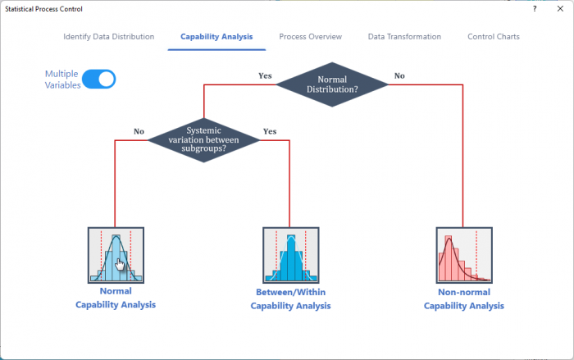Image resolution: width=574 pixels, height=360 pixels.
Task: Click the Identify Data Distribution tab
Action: point(108,37)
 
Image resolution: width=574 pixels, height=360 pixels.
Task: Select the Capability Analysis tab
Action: point(216,37)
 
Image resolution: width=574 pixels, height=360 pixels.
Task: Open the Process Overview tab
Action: point(310,37)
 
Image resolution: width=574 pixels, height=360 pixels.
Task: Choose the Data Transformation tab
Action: point(404,37)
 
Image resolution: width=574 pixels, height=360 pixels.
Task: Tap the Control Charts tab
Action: point(493,37)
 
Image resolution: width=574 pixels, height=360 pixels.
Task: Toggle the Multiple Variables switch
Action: point(98,79)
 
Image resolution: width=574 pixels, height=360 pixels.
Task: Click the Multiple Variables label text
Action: point(62,79)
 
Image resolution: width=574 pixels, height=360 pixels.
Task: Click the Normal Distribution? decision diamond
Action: point(332,84)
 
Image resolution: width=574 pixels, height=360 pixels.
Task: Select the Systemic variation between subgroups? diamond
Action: point(204,139)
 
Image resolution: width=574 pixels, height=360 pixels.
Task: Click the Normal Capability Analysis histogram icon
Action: point(116,255)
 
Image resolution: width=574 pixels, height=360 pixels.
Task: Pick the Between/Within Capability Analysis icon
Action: point(290,256)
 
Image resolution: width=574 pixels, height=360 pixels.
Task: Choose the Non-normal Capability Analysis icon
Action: point(463,255)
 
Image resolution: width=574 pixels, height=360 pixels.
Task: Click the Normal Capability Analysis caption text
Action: point(116,298)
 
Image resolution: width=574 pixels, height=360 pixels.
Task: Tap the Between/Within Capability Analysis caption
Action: point(290,299)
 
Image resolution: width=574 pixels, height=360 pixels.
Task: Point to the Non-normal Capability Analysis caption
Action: point(463,299)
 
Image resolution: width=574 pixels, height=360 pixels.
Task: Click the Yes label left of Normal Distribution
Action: point(265,75)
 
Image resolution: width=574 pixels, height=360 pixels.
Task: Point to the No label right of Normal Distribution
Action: point(399,75)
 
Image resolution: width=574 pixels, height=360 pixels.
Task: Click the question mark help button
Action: point(534,8)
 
